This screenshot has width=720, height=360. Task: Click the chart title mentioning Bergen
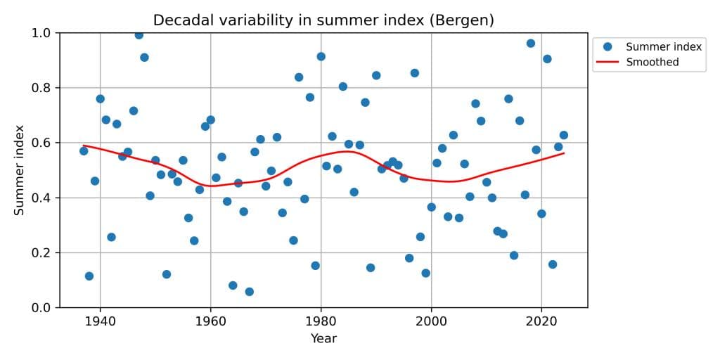323,20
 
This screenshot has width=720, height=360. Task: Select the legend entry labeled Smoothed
652,63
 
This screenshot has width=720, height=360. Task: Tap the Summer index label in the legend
664,47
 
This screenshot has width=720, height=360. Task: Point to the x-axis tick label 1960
210,321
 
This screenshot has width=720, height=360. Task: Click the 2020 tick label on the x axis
541,321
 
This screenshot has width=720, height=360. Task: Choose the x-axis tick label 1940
100,321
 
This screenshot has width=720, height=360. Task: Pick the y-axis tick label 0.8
41,88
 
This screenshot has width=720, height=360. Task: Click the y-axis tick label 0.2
41,253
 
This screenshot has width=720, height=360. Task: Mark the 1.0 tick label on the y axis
41,33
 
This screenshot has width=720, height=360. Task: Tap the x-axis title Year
323,339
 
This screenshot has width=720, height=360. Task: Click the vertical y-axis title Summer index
20,170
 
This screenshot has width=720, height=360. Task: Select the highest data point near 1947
139,34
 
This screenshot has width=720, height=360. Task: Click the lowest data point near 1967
249,292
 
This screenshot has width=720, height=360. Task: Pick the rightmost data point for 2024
563,135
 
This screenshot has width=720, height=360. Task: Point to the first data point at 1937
84,151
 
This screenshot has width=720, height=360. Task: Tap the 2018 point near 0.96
530,44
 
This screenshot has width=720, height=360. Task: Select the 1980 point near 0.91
321,56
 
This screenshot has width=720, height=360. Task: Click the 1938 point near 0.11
89,276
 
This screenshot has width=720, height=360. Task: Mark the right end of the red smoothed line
564,153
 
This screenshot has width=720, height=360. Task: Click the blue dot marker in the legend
607,47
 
